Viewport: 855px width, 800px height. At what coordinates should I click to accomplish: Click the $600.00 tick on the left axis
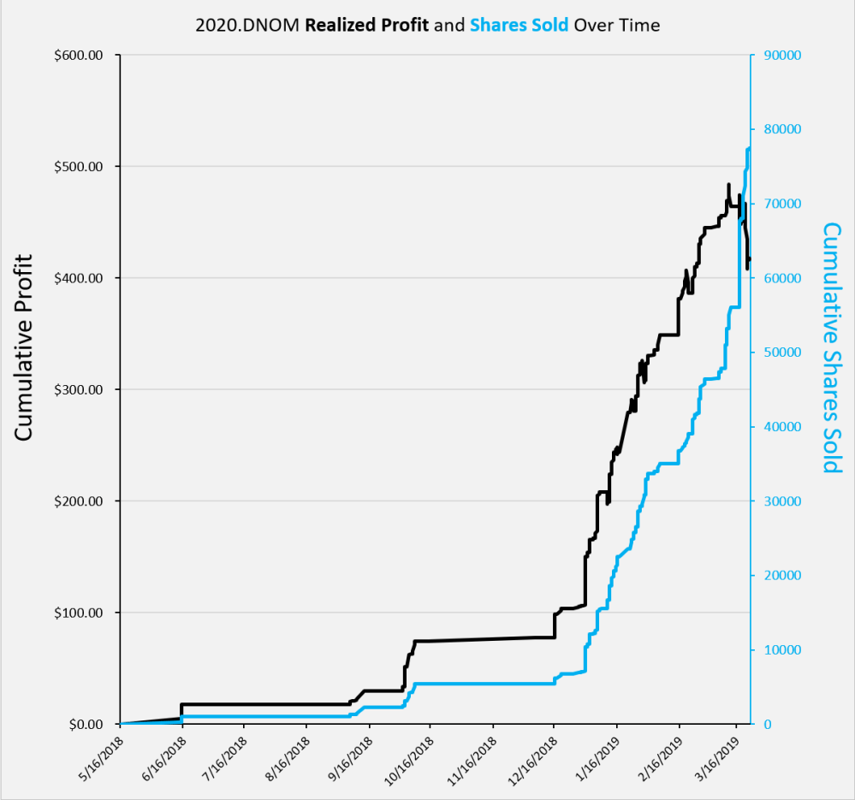click(79, 56)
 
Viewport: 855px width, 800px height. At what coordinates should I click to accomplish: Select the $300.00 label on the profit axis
click(79, 390)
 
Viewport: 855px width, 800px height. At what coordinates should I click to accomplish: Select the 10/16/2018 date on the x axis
click(407, 755)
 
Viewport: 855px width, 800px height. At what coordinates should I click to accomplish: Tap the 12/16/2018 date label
click(531, 755)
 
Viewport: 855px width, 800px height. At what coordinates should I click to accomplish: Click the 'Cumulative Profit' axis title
click(24, 347)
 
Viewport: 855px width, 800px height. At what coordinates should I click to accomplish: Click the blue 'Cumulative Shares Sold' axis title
click(832, 347)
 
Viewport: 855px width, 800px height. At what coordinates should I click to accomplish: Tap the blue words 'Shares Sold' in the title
click(519, 25)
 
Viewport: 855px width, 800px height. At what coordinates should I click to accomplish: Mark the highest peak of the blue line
click(749, 149)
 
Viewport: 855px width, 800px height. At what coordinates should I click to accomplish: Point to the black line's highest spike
click(728, 185)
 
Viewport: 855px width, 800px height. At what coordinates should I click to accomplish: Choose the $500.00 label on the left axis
click(79, 167)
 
